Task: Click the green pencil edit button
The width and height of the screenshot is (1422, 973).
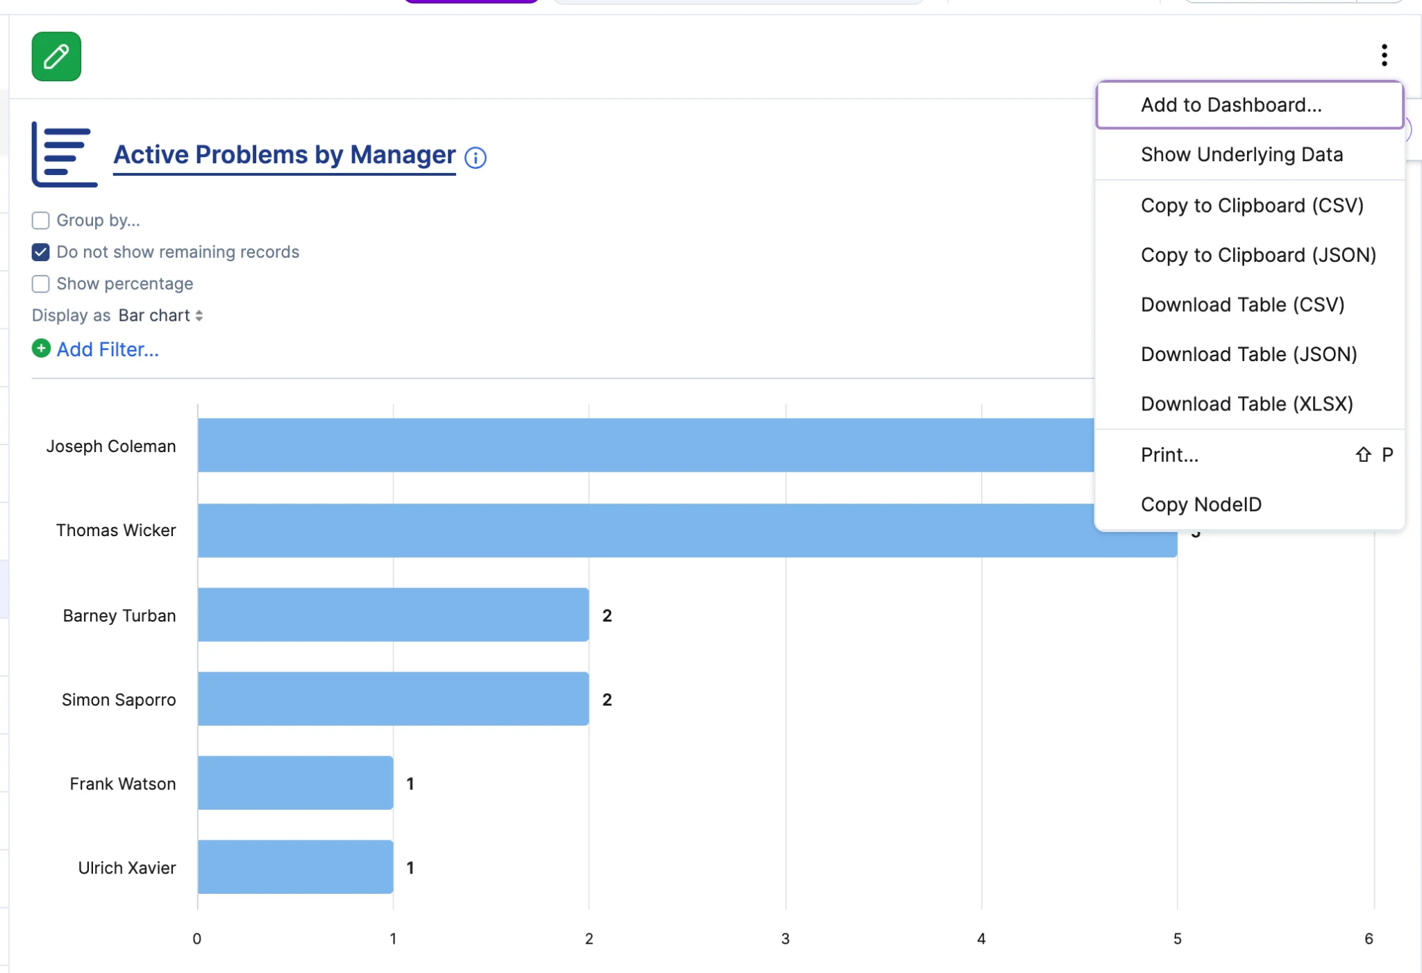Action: [56, 56]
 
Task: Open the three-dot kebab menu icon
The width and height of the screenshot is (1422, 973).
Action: [1384, 55]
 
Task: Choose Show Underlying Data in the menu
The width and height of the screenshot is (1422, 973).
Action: [1241, 154]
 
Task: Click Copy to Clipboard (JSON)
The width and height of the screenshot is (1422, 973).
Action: [1258, 255]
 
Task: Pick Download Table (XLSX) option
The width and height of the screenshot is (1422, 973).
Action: [1247, 404]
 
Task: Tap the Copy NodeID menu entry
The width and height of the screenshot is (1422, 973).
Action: [1201, 504]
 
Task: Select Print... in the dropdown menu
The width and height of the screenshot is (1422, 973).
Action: [1169, 455]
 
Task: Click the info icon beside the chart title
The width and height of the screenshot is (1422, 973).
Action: [476, 158]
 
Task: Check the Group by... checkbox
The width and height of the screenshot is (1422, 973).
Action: [41, 220]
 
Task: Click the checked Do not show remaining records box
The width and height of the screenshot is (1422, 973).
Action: [41, 252]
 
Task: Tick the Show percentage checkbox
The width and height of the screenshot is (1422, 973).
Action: [41, 284]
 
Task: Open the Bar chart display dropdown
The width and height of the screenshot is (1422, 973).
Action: [160, 315]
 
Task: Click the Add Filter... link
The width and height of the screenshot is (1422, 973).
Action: [108, 349]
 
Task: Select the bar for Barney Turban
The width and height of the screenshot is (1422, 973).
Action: [393, 615]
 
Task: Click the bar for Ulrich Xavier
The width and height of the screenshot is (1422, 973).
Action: [295, 867]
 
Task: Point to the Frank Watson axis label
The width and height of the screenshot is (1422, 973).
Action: [123, 783]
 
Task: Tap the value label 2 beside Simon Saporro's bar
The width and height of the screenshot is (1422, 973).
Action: [607, 699]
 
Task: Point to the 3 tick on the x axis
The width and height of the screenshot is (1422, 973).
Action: [785, 939]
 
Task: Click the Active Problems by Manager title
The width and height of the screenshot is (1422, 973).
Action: [285, 155]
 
